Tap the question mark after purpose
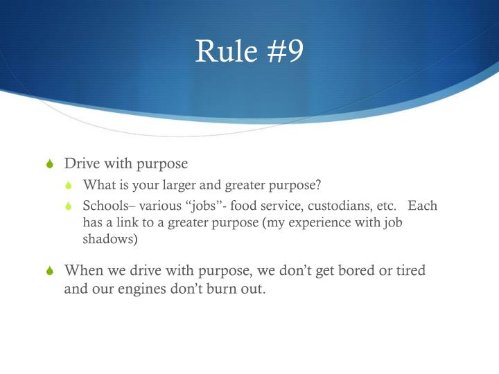[x=318, y=186]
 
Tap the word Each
[x=423, y=206]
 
